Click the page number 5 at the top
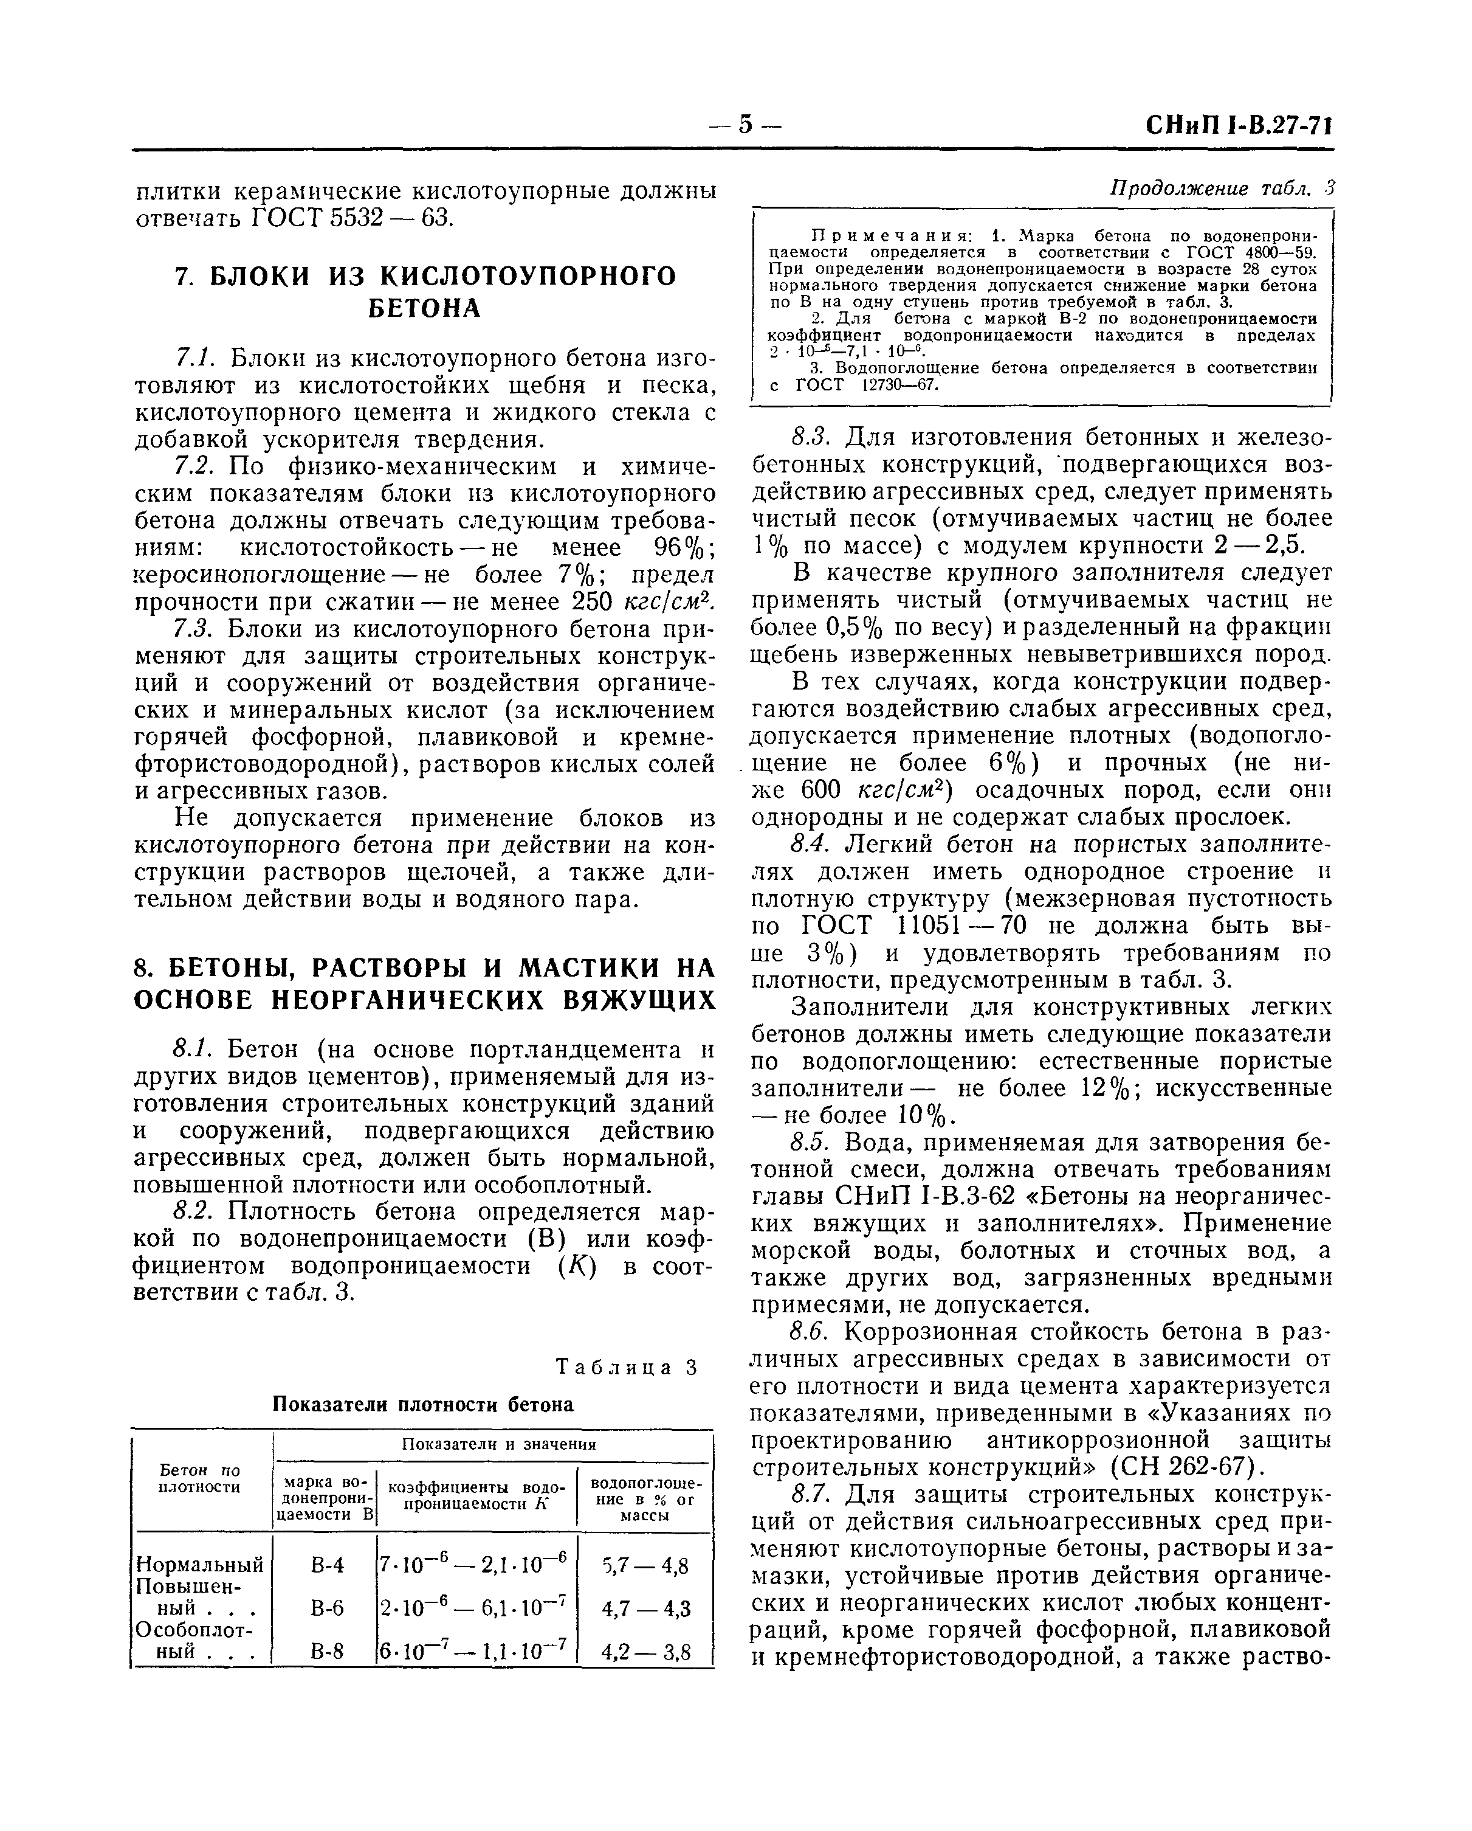tap(745, 125)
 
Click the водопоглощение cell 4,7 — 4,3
tap(645, 1608)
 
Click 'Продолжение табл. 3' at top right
tap(1222, 189)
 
